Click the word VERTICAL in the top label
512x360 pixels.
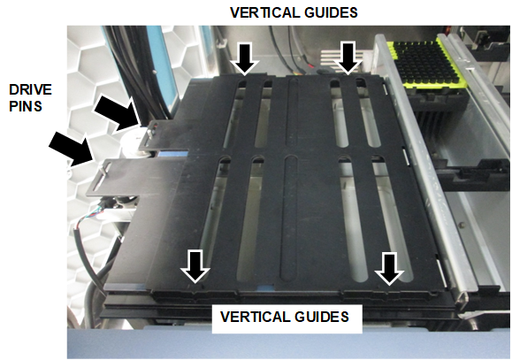tap(264, 12)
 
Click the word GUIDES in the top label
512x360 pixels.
tap(331, 12)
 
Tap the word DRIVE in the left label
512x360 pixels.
tap(30, 90)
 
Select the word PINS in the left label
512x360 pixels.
tap(26, 106)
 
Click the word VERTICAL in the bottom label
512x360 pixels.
tap(255, 317)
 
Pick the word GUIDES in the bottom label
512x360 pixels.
tap(322, 317)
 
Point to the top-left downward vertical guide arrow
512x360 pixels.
tap(245, 58)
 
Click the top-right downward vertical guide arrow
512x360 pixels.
tap(348, 57)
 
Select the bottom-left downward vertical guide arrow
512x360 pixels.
tap(195, 266)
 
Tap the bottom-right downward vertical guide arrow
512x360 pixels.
tap(389, 269)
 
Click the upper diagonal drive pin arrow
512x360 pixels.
tap(118, 113)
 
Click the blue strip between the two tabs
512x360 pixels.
tap(173, 154)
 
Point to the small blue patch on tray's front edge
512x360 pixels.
tap(266, 287)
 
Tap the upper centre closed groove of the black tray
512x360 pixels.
tap(292, 112)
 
